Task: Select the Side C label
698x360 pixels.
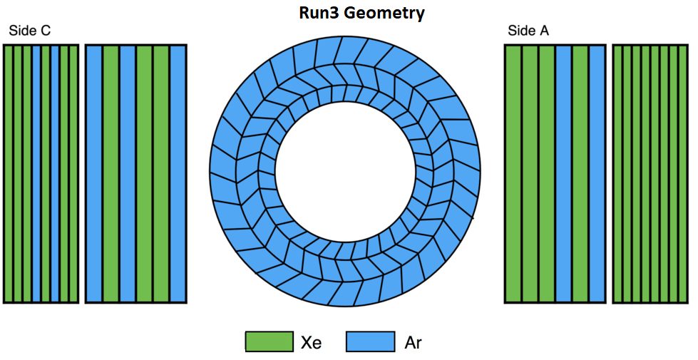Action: [30, 31]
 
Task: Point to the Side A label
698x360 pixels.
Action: [528, 31]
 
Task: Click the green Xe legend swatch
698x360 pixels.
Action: [270, 341]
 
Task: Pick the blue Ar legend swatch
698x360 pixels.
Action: [370, 341]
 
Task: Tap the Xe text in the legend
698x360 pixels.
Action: [311, 343]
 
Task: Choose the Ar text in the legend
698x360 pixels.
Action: [413, 343]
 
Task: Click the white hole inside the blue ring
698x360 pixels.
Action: [344, 172]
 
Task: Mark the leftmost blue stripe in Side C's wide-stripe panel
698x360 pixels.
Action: [94, 173]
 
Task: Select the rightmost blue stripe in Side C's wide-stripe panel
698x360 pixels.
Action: [178, 173]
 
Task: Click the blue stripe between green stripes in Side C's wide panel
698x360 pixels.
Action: [128, 173]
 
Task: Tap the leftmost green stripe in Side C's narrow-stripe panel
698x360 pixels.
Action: [9, 173]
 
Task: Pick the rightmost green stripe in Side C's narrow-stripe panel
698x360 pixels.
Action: [74, 173]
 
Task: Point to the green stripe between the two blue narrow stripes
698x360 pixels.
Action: [46, 173]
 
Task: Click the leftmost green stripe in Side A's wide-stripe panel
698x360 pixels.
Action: [513, 173]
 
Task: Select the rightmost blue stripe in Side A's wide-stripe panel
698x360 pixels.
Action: [597, 173]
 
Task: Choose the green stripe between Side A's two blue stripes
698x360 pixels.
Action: [580, 173]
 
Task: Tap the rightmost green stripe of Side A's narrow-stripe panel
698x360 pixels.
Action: [683, 173]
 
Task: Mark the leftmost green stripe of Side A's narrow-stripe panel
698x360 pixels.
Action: [618, 173]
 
